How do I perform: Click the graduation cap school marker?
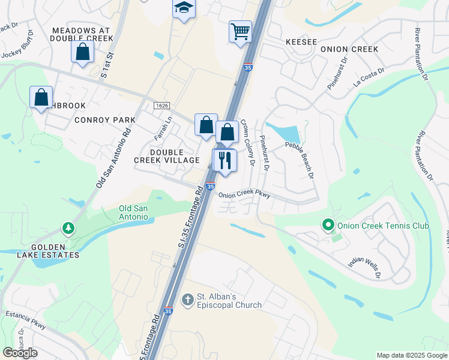184,9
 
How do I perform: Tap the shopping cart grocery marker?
240,31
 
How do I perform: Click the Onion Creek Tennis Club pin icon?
328,226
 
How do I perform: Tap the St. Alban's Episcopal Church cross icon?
187,299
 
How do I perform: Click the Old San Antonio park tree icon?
69,228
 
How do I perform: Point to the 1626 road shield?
161,106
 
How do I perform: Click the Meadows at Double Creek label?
82,34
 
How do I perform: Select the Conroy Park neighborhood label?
105,120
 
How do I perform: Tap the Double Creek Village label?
166,156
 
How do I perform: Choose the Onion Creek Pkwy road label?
244,195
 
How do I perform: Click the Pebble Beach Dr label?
300,160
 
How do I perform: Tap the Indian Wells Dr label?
364,266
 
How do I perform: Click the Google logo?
20,353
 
